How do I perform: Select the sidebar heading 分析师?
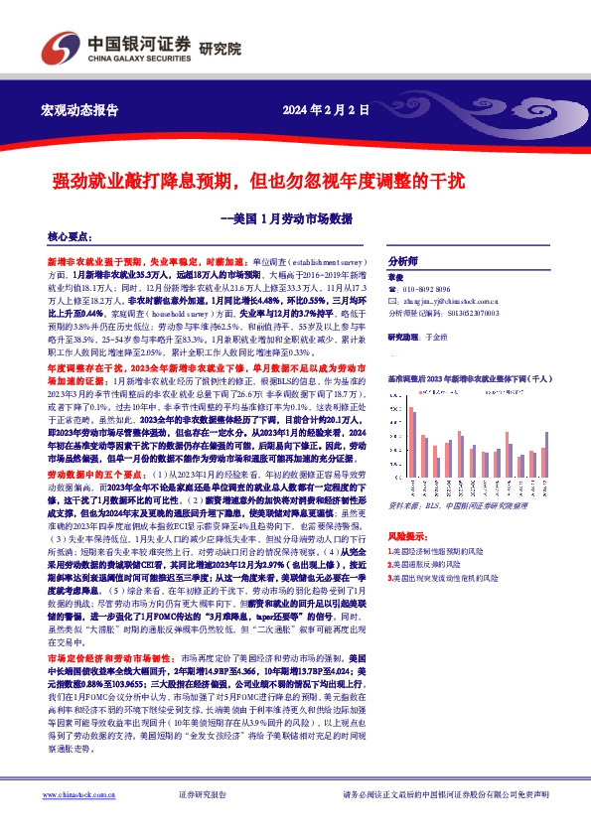(x=402, y=253)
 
